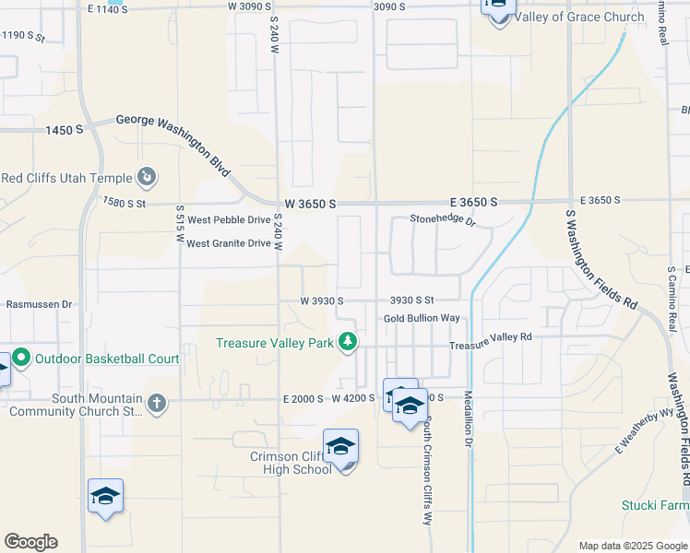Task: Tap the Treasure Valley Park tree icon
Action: pos(348,343)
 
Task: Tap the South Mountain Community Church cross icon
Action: pos(157,402)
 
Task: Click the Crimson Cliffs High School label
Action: pos(291,463)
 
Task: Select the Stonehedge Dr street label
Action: pos(443,221)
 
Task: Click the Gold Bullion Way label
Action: pos(422,318)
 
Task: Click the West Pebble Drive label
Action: pos(229,221)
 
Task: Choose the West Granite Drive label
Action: pos(229,243)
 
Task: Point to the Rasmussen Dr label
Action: pos(39,303)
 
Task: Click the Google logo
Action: pos(30,542)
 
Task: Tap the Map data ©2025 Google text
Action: pos(632,546)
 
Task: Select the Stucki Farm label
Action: pos(656,506)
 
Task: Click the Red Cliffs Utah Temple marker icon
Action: pos(147,176)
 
